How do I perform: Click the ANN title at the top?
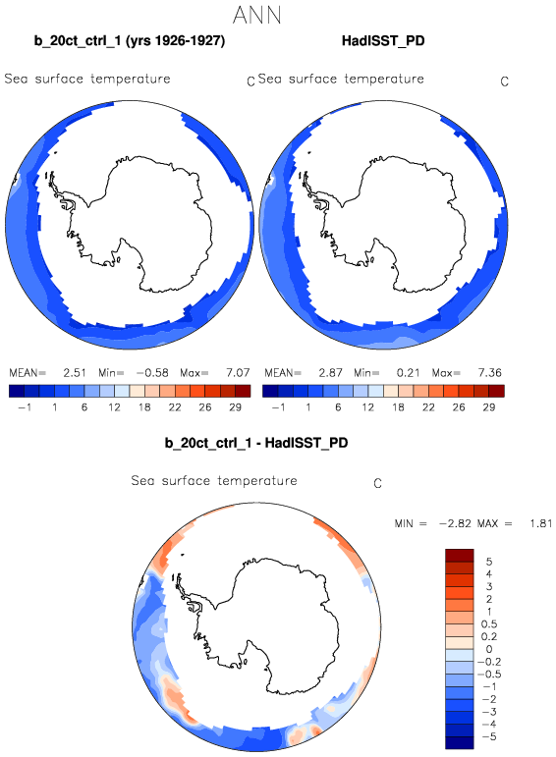[x=256, y=15]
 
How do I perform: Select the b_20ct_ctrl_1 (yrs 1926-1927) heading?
[x=130, y=41]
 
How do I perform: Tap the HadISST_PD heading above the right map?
[x=383, y=41]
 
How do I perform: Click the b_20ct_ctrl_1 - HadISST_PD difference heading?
[x=256, y=443]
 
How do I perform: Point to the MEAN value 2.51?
[x=75, y=373]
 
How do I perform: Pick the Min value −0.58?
[x=152, y=373]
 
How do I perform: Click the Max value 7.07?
[x=238, y=373]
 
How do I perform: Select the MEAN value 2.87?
[x=330, y=373]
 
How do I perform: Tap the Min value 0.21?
[x=409, y=373]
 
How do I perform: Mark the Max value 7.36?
[x=490, y=373]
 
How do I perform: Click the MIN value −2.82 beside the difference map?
[x=455, y=523]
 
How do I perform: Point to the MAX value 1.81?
[x=541, y=523]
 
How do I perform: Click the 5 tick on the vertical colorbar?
[x=489, y=562]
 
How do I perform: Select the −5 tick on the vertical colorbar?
[x=489, y=736]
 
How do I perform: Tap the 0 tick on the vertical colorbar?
[x=489, y=649]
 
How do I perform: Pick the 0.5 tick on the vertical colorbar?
[x=489, y=624]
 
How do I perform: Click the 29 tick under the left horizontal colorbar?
[x=235, y=407]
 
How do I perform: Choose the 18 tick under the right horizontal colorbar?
[x=398, y=407]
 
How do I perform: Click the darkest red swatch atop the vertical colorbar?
[x=460, y=555]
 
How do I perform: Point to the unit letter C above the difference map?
[x=378, y=484]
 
